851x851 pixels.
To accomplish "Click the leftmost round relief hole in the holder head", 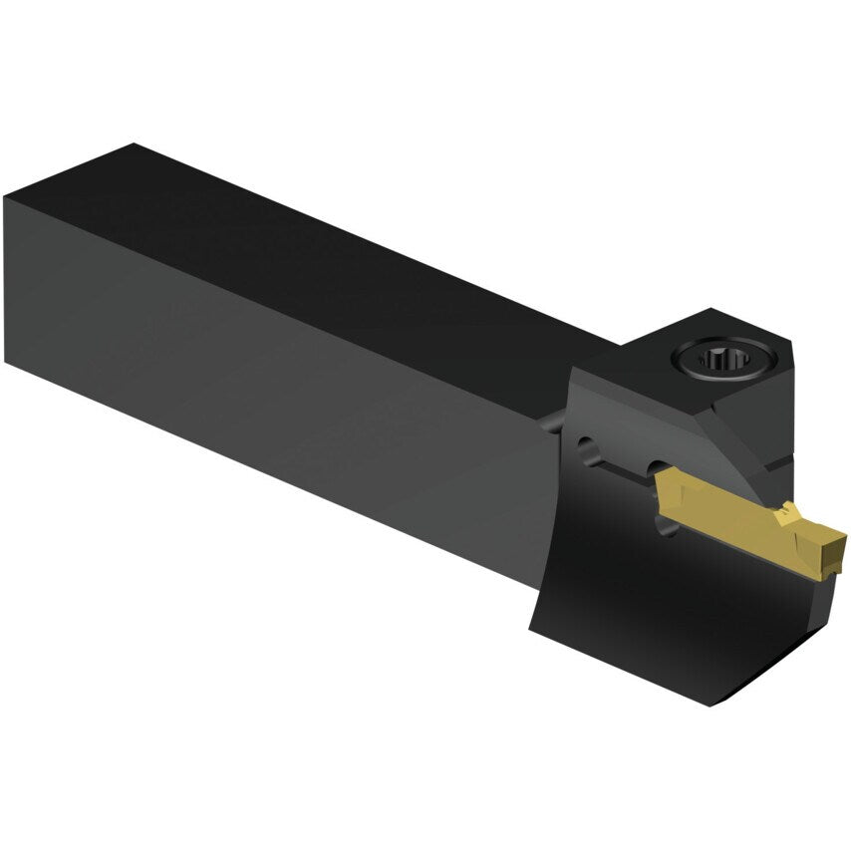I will tap(585, 447).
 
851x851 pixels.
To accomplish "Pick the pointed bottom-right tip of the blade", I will tap(709, 704).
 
